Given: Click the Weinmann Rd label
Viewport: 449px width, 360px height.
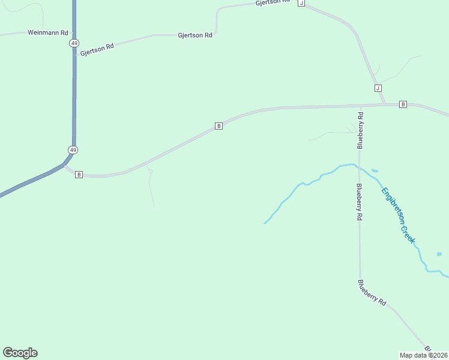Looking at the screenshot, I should click(48, 32).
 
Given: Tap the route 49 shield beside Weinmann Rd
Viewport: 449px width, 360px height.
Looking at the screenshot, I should click(74, 43).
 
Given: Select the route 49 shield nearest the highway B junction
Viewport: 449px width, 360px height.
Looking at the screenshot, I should click(73, 149).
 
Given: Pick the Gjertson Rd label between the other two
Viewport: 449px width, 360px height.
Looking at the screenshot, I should click(195, 35).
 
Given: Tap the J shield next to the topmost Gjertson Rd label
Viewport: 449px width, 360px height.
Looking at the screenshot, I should click(301, 3).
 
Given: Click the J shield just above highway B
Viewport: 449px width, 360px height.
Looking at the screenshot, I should click(378, 88).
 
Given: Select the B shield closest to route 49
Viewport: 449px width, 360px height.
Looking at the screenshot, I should click(79, 174).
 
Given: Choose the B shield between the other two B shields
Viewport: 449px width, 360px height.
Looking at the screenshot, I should click(219, 126).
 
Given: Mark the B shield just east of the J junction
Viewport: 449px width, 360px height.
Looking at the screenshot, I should click(403, 104).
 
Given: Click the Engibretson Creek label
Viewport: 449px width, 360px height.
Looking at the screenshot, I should click(398, 215).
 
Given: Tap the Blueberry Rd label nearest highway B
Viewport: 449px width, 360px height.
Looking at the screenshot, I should click(360, 130).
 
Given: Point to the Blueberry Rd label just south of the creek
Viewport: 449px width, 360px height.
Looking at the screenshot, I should click(359, 202).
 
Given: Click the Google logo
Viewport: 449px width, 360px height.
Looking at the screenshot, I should click(20, 353).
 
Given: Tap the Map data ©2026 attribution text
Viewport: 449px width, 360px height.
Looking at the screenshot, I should click(424, 355).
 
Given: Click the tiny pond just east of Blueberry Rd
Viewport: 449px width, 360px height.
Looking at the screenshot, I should click(375, 171).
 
